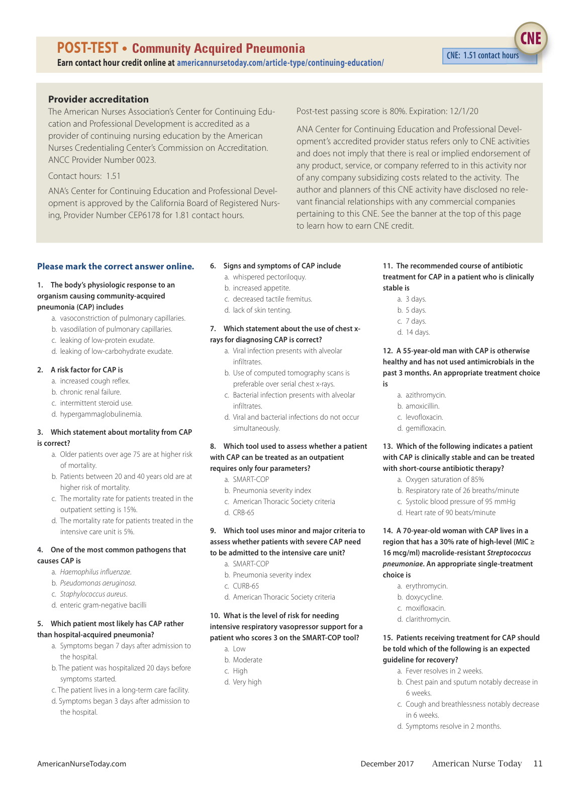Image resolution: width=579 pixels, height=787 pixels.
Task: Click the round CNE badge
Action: [531, 39]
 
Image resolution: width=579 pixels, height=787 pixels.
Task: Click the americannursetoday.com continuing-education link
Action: [280, 63]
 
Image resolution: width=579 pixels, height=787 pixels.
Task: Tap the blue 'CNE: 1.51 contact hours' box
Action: [482, 56]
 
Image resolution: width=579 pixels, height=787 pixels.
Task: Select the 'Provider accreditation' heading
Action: [99, 99]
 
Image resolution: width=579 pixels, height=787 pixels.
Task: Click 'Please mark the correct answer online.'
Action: [116, 266]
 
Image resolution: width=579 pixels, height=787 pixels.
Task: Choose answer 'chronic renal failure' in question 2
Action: [90, 392]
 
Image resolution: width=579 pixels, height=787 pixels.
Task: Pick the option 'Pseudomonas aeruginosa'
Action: [98, 583]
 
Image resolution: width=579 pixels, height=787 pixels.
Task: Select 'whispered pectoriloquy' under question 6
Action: [269, 277]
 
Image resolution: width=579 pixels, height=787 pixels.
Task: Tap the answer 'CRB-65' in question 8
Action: [243, 513]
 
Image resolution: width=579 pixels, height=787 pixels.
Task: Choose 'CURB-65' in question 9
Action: [246, 586]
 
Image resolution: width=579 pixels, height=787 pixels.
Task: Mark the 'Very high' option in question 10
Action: [247, 682]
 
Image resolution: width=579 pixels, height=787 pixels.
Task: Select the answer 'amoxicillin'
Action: [422, 406]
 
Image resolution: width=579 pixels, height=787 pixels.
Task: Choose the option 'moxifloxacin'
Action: [425, 608]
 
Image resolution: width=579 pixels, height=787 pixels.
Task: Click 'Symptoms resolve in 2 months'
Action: [453, 726]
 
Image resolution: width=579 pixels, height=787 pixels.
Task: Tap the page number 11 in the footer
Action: [538, 763]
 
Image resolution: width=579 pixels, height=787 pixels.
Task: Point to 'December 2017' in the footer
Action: [387, 764]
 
